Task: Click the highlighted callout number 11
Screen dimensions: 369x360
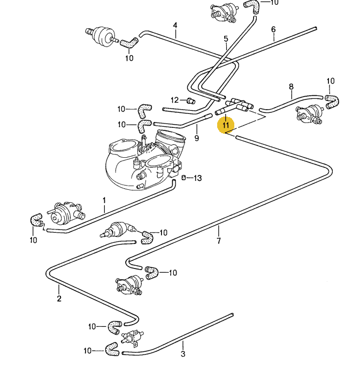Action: click(x=225, y=125)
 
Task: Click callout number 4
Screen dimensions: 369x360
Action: click(x=175, y=25)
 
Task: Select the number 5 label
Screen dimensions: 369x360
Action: click(x=226, y=39)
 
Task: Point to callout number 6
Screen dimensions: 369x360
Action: click(x=273, y=29)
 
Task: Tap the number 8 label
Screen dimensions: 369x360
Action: click(x=291, y=86)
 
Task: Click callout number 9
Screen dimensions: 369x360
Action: click(x=196, y=139)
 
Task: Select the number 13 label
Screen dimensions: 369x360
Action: click(x=197, y=178)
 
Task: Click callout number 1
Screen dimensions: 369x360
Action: click(x=104, y=201)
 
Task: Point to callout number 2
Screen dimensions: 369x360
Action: click(x=59, y=298)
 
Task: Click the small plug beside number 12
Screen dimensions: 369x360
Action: click(x=190, y=100)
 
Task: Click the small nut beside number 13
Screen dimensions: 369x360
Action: click(x=185, y=178)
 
